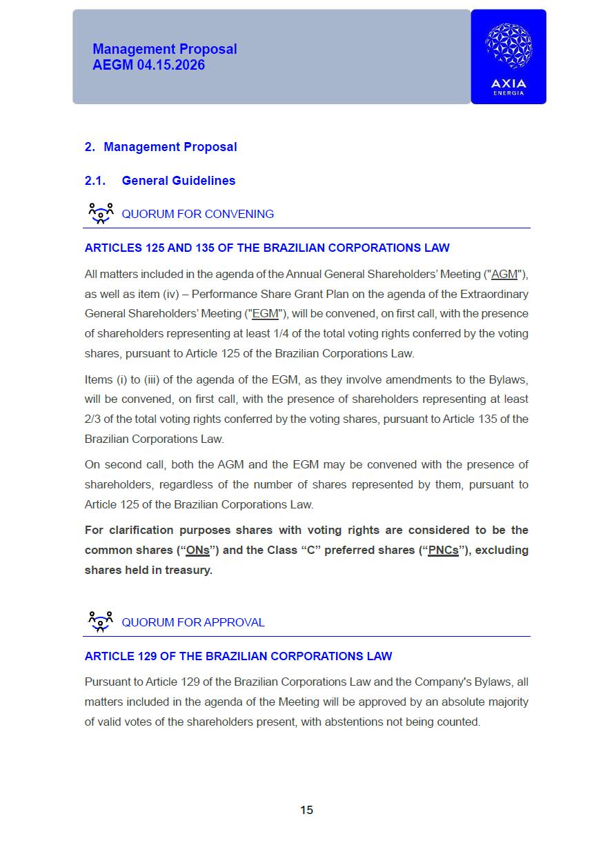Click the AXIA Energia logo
tap(509, 57)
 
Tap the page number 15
tap(306, 810)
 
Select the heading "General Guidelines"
tap(178, 181)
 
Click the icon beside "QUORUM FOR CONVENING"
tap(101, 213)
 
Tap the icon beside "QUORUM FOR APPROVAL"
tap(101, 622)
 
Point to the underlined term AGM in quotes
tap(504, 275)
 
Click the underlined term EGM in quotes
tap(266, 314)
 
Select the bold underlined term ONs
tap(198, 550)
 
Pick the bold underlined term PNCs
tap(443, 550)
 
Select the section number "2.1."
tap(95, 181)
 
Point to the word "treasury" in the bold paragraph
tap(188, 571)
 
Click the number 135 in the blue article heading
tap(205, 248)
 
